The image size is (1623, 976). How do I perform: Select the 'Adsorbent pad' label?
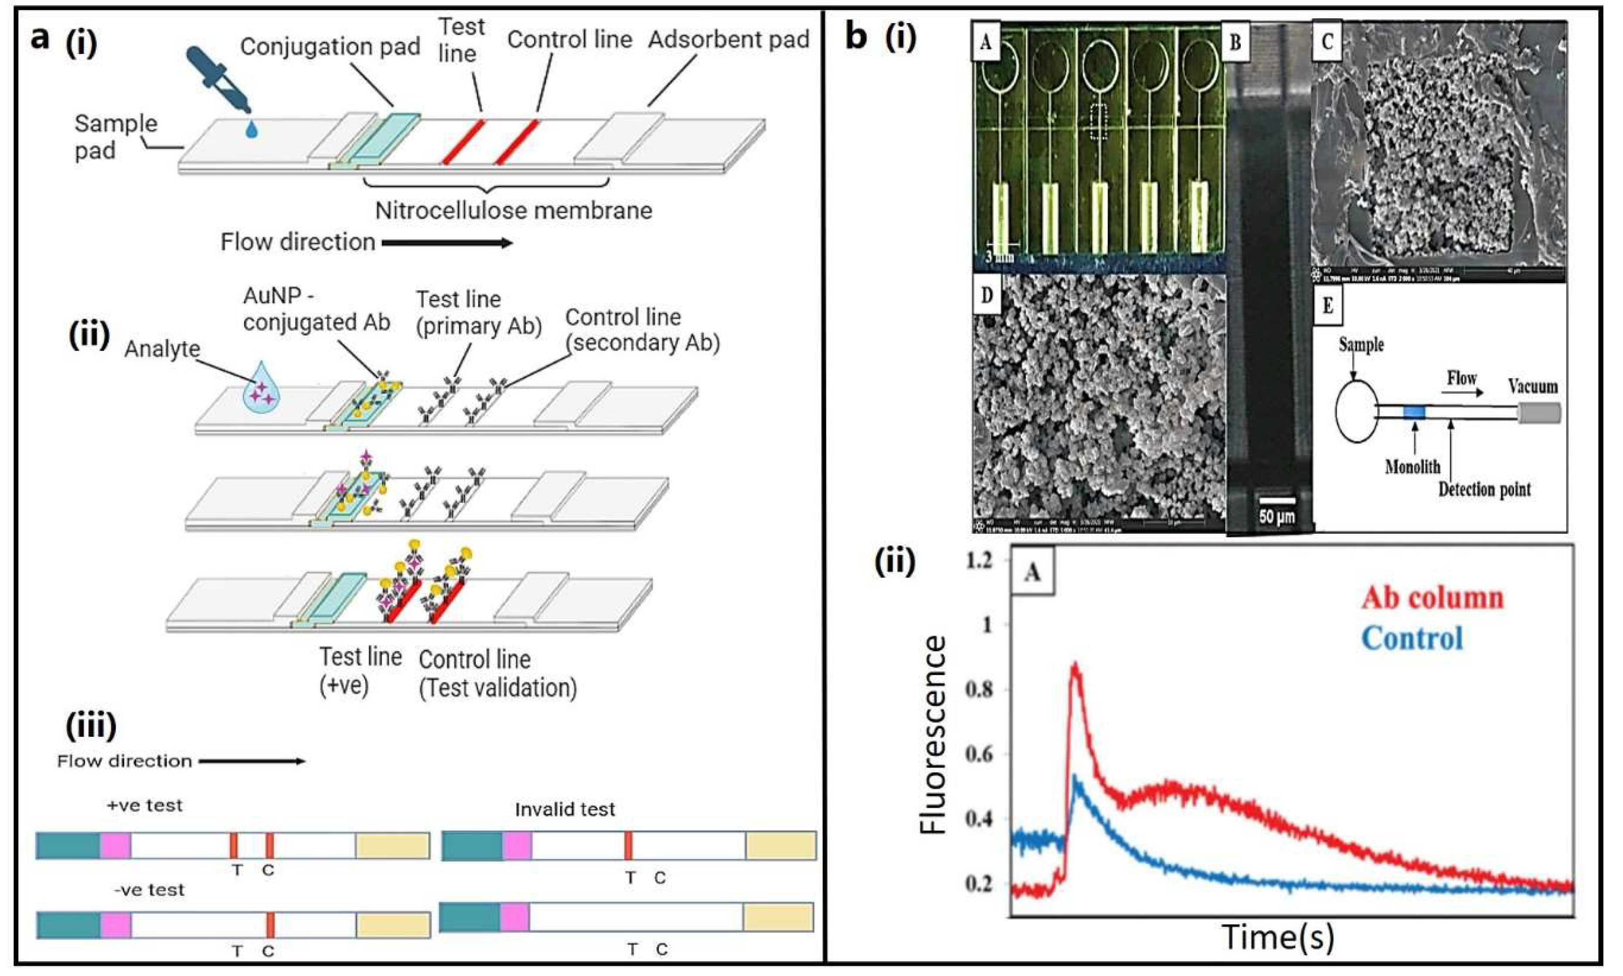tap(728, 40)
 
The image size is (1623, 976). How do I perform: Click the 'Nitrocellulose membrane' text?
tap(513, 210)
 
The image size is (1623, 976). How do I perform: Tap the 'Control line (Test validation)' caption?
tap(497, 674)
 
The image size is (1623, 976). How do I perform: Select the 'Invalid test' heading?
tap(565, 809)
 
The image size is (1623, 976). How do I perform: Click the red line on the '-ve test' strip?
tap(270, 925)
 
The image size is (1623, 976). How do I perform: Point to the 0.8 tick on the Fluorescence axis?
tap(978, 690)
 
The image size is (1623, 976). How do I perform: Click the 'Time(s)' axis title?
tap(1278, 936)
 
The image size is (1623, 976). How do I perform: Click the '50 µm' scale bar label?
tap(1276, 516)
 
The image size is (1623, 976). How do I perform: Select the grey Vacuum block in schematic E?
tap(1539, 413)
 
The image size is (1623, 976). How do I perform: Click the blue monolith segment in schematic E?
tap(1414, 412)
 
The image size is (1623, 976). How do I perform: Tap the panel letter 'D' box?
tap(986, 295)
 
